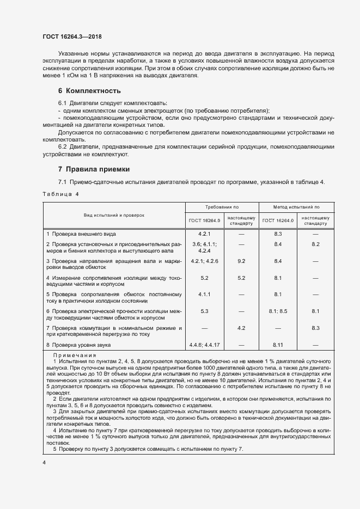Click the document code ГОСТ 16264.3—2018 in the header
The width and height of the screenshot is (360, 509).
coord(72,36)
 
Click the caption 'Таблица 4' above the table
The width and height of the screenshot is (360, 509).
coord(60,194)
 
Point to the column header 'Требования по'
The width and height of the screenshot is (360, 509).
coord(222,207)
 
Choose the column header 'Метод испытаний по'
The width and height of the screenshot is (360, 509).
coord(296,207)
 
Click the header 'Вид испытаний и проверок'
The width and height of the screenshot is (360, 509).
coord(114,215)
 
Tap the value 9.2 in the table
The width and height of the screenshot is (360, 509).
coord(241,261)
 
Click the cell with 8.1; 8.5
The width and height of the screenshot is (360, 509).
coord(278,311)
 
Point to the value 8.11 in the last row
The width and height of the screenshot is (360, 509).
coord(278,345)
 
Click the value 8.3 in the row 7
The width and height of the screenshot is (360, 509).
coord(315,328)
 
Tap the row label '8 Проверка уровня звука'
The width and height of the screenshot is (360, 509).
coord(78,345)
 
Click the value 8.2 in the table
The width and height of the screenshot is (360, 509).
coord(315,244)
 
